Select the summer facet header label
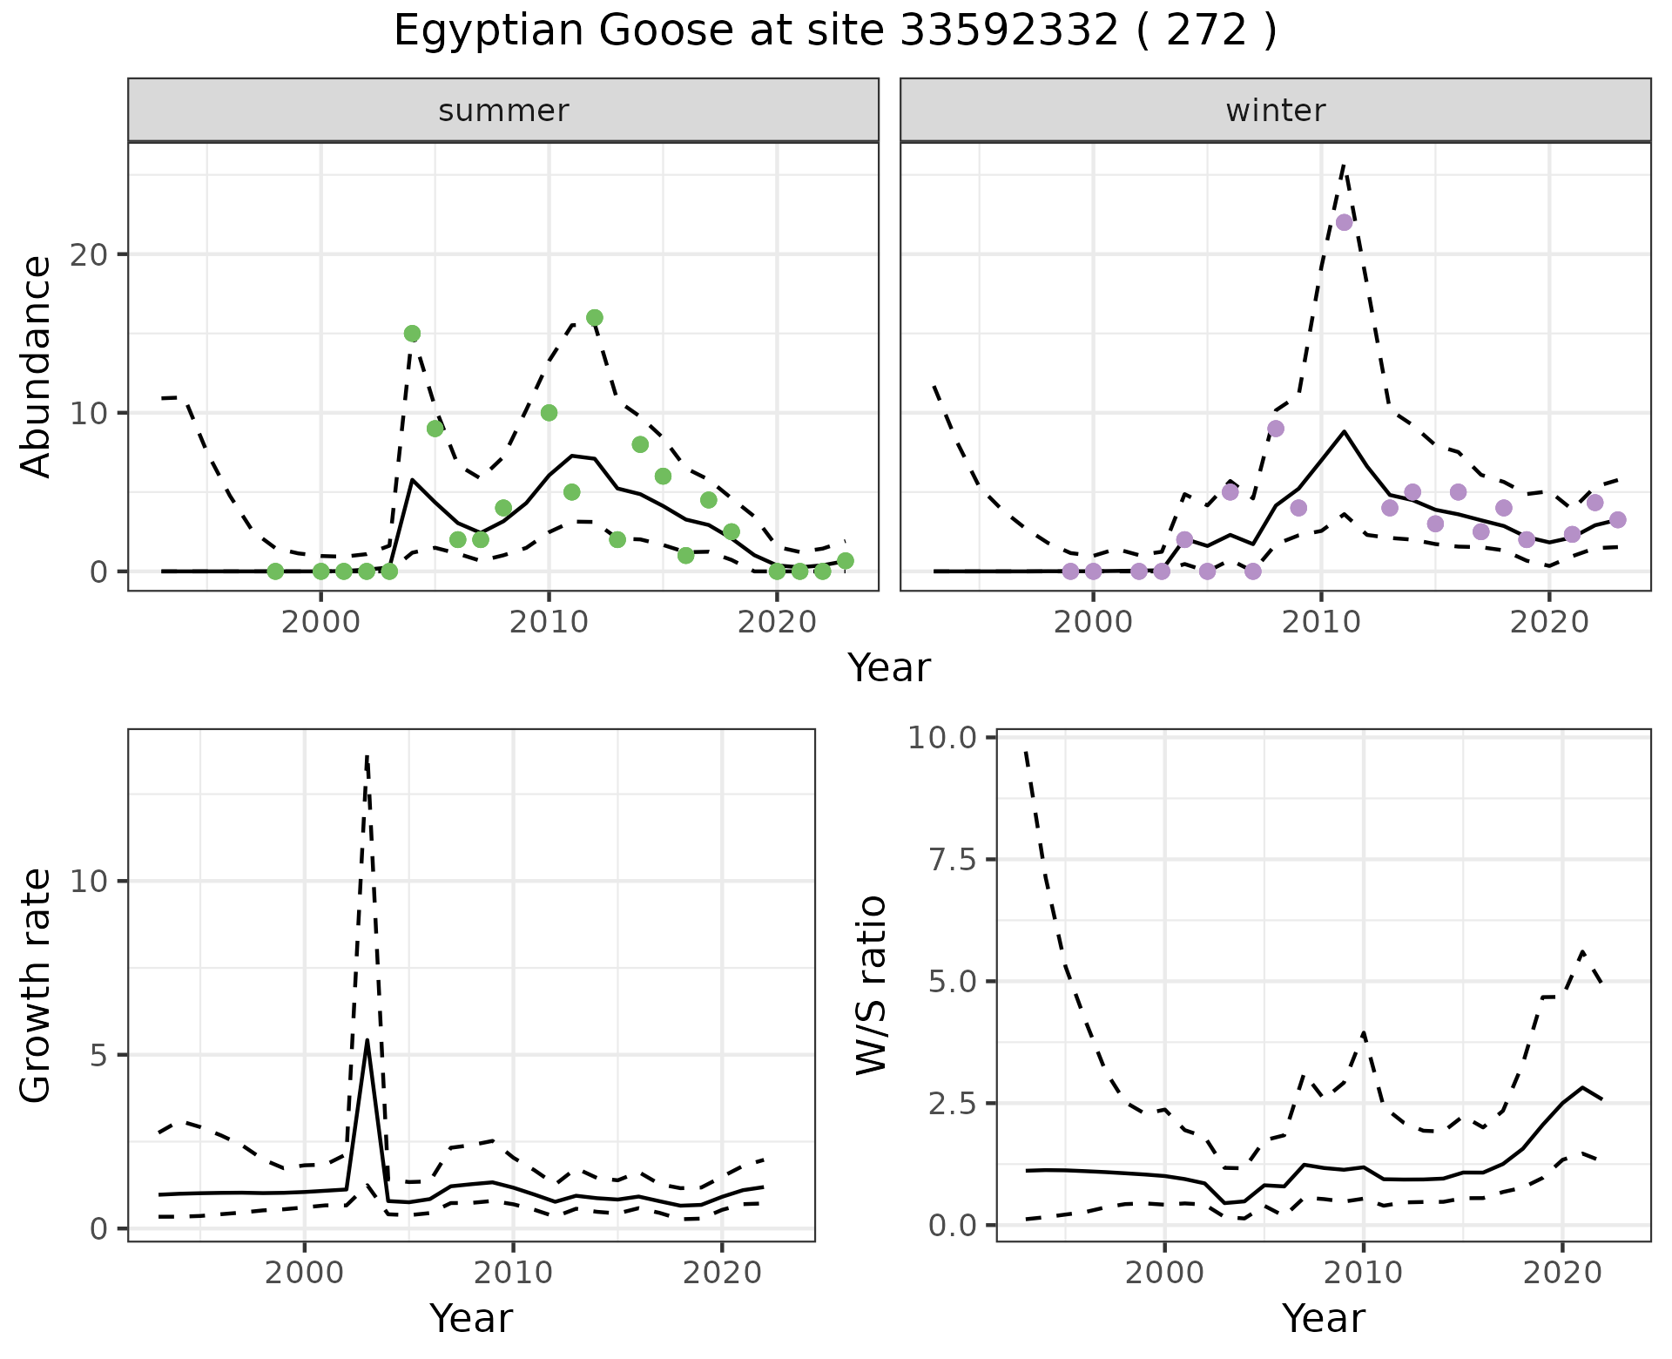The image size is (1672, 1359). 503,111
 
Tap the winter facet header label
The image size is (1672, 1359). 1275,111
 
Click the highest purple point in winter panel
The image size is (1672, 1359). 1344,222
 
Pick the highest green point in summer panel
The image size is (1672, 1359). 595,318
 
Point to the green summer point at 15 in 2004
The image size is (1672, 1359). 413,334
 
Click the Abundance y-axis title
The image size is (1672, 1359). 36,367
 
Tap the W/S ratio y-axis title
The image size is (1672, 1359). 871,985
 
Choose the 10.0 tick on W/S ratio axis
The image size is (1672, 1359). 943,738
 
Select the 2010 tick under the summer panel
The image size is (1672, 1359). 549,622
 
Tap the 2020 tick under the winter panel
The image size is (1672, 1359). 1549,622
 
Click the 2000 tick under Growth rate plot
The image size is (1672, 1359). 304,1273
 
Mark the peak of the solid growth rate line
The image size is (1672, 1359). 367,1041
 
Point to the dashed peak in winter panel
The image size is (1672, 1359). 1344,164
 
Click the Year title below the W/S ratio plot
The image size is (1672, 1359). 1323,1318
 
